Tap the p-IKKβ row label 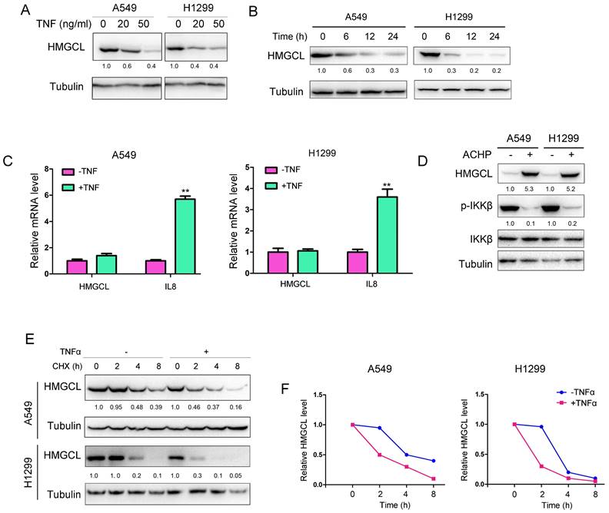pyautogui.click(x=464, y=207)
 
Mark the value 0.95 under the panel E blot pyautogui.click(x=122, y=406)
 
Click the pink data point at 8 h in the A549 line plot pyautogui.click(x=435, y=478)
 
